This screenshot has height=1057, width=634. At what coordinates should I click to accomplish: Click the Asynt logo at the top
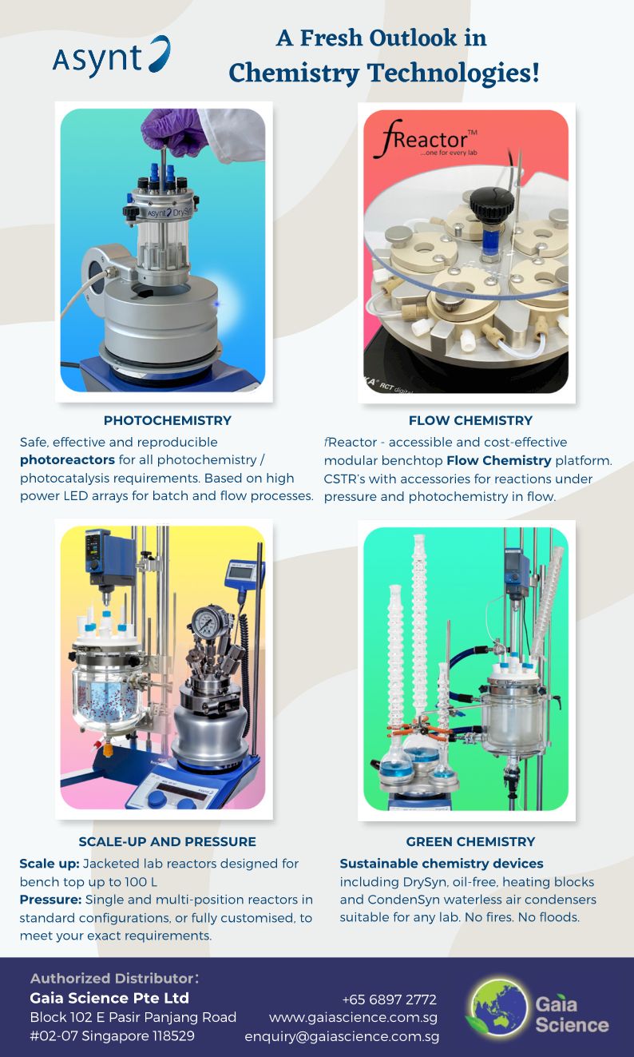[111, 56]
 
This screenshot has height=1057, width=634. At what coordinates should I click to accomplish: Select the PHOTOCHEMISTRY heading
[168, 420]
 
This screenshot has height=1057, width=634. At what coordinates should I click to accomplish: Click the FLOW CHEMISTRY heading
[470, 420]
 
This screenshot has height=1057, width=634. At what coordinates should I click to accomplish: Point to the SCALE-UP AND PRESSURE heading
[168, 841]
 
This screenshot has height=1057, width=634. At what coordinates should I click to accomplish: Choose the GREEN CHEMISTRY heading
[470, 841]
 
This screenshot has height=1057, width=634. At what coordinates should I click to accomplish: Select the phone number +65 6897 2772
[389, 999]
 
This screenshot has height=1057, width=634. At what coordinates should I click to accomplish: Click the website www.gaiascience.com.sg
[353, 1017]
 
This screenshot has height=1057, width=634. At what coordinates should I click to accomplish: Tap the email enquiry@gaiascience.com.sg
[342, 1036]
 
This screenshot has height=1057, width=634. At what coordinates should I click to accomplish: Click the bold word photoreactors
[67, 459]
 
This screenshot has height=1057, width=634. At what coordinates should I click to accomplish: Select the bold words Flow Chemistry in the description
[499, 460]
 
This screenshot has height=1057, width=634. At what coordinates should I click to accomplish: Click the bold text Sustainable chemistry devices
[442, 864]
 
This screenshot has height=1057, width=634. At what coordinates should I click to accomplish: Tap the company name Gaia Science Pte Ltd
[109, 998]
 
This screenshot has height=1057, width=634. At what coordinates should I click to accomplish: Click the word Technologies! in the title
[453, 74]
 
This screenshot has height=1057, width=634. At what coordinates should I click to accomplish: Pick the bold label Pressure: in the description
[50, 900]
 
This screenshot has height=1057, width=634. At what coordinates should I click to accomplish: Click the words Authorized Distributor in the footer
[113, 978]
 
